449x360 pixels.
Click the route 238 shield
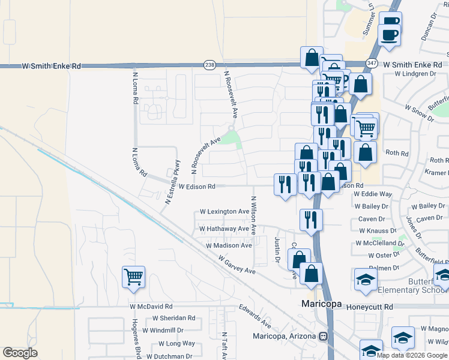pyautogui.click(x=209, y=64)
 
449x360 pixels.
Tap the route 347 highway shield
pyautogui.click(x=372, y=63)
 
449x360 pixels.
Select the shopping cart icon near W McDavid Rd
pyautogui.click(x=133, y=278)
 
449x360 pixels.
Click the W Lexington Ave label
pyautogui.click(x=224, y=212)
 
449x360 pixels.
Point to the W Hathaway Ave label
pyautogui.click(x=224, y=229)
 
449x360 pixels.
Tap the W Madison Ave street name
pyautogui.click(x=229, y=245)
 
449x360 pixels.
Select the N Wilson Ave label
pyautogui.click(x=254, y=215)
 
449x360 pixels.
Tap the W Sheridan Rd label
pyautogui.click(x=173, y=318)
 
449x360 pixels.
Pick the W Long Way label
pyautogui.click(x=176, y=343)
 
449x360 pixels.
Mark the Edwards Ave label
pyautogui.click(x=255, y=317)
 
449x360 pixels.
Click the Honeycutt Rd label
pyautogui.click(x=373, y=306)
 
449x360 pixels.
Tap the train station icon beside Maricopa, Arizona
pyautogui.click(x=324, y=336)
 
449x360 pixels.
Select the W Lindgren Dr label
pyautogui.click(x=415, y=74)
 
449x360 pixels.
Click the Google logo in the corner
pyautogui.click(x=20, y=353)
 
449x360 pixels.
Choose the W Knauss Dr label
pyautogui.click(x=376, y=230)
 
